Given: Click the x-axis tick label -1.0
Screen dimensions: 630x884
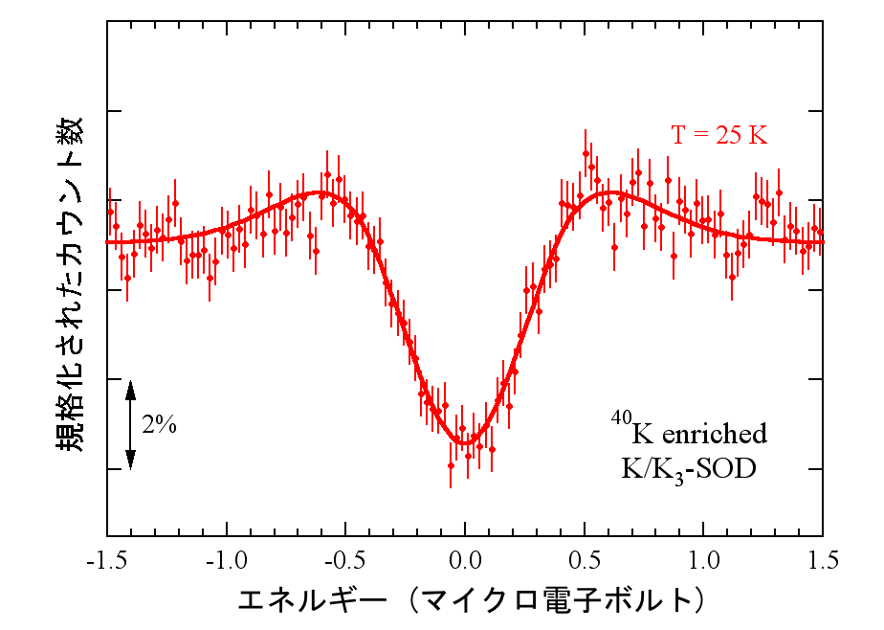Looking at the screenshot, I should (x=226, y=559).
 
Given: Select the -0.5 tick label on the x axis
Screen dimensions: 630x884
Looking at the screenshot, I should (x=345, y=559).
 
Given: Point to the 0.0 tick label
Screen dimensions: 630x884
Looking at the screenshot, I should (x=465, y=559).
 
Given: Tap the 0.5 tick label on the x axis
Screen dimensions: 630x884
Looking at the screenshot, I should (x=585, y=559).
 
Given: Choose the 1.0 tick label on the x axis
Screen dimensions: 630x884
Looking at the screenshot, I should (x=704, y=559).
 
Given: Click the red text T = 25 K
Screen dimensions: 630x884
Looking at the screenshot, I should (x=718, y=135).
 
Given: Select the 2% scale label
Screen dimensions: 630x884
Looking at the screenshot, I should (x=159, y=426).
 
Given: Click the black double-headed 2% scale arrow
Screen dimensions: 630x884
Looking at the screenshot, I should (x=131, y=425).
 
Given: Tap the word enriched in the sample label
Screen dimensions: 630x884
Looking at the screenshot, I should (x=714, y=434).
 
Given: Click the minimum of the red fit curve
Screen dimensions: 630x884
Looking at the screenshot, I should (x=465, y=443).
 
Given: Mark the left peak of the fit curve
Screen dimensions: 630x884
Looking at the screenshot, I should (x=321, y=192).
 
